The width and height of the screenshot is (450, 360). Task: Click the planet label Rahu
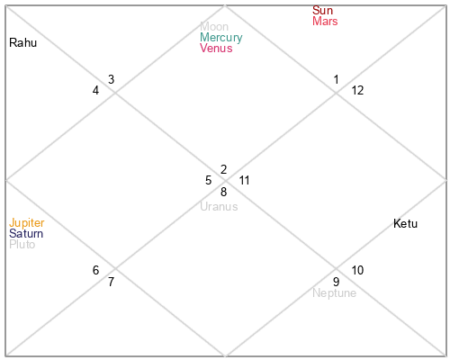click(23, 42)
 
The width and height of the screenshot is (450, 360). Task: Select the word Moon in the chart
click(214, 26)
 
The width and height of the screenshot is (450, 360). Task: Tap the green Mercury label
click(221, 38)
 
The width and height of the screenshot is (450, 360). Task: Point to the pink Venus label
click(216, 48)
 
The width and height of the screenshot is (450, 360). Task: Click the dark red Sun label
click(322, 10)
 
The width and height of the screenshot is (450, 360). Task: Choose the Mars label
click(325, 21)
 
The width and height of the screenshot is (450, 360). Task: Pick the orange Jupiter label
click(27, 223)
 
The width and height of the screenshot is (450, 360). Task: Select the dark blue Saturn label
click(26, 233)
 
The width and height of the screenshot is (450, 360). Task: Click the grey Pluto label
click(22, 244)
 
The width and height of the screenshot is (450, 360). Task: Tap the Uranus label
click(219, 206)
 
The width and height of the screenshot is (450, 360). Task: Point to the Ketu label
click(405, 223)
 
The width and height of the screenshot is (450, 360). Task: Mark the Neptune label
click(335, 292)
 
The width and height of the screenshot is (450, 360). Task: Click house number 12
click(357, 90)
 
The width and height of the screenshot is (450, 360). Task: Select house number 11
click(244, 180)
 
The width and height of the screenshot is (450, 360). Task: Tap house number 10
click(357, 270)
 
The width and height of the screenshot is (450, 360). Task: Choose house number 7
click(111, 282)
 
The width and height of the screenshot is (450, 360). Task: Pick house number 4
click(95, 90)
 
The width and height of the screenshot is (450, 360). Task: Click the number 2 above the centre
click(223, 169)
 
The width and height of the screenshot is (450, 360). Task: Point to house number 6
click(95, 270)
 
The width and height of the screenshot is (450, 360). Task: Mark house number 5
click(209, 180)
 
